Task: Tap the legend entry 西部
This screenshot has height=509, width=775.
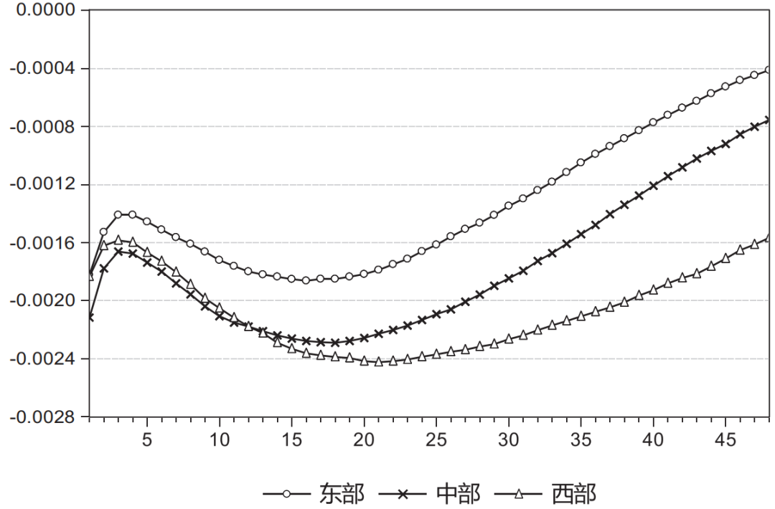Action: coord(574,494)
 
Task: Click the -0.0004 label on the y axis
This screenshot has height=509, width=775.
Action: coord(43,69)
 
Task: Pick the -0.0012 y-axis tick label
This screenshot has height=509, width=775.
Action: coord(43,184)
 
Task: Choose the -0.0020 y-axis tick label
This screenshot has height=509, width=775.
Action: coord(43,300)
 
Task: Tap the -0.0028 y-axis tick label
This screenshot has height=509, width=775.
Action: coord(43,417)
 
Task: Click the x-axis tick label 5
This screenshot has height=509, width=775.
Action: coord(147,439)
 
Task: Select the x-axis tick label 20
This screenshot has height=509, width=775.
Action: coord(364,439)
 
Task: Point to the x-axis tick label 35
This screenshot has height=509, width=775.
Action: coord(581,439)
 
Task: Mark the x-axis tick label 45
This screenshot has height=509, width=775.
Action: coord(725,439)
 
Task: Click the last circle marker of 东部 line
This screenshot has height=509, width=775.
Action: coord(769,70)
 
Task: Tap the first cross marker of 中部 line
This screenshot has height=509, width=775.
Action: coord(90,317)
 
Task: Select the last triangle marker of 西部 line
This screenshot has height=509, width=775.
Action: coord(769,238)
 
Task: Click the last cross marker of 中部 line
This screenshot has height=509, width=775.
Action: coord(769,120)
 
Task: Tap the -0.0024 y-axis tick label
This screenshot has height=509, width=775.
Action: coord(43,358)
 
